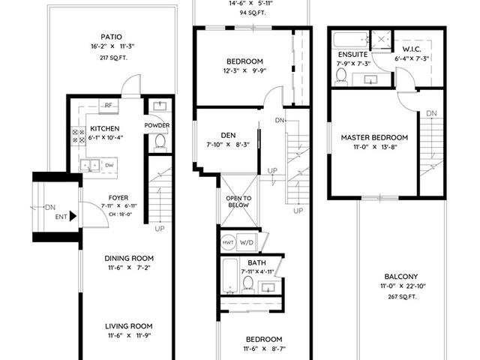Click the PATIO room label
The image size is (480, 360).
(112, 37)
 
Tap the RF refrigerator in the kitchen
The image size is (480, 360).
(108, 106)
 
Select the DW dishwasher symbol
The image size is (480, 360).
(109, 165)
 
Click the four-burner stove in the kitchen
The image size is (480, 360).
(78, 136)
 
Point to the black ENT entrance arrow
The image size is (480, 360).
(73, 216)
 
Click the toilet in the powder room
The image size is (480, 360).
(160, 143)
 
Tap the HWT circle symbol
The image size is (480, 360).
(228, 242)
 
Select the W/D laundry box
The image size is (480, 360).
(247, 243)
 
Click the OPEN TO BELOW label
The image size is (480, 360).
(238, 202)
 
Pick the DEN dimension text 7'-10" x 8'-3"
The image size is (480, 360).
(228, 145)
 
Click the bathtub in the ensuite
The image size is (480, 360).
(350, 40)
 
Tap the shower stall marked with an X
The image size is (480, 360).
(381, 39)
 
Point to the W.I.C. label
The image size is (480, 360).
(412, 49)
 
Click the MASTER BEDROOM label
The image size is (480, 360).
(374, 137)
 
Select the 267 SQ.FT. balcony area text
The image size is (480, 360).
(402, 297)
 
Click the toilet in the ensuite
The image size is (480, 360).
(341, 76)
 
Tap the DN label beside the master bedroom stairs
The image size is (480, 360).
(432, 113)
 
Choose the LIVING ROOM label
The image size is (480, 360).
(129, 326)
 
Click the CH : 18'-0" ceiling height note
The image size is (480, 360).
(120, 214)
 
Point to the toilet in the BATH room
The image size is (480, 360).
(247, 285)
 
